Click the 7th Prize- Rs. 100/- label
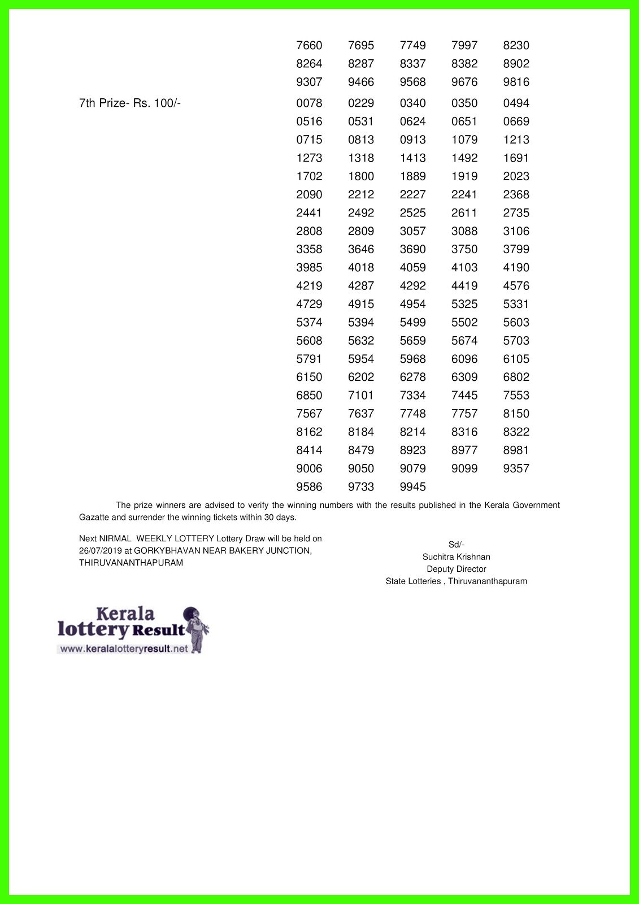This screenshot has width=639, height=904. point(129,103)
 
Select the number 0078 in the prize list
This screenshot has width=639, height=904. point(309,103)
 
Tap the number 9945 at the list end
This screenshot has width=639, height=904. point(412,486)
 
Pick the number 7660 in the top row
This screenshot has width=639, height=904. point(309,45)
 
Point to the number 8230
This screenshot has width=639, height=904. point(516,45)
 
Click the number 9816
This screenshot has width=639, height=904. point(516,82)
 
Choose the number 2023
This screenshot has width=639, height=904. point(516,176)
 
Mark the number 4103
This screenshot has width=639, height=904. point(464,267)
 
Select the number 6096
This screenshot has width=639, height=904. point(464,359)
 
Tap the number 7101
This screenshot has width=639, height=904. point(361,395)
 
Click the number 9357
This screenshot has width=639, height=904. point(516,468)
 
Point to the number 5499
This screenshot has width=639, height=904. point(412,322)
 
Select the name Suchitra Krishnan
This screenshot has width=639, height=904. point(456,557)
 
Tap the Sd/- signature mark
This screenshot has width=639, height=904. point(456,545)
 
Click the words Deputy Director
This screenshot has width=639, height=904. point(456,569)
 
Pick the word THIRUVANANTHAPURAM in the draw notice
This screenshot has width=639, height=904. point(131,563)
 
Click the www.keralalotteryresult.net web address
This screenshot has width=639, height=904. point(124,649)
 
